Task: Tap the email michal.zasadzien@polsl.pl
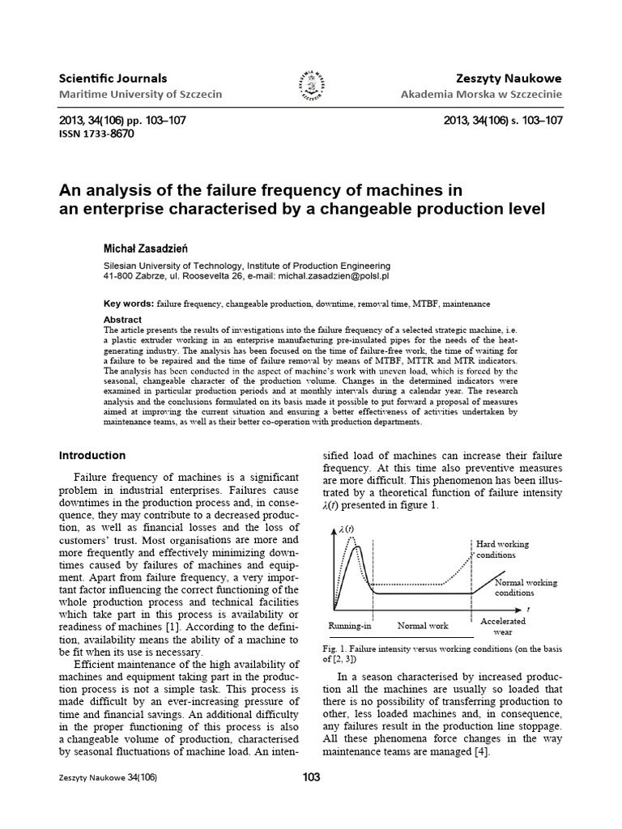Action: point(322,276)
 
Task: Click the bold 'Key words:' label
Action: point(129,304)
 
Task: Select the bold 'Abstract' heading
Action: point(123,320)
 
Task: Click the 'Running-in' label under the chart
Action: point(349,626)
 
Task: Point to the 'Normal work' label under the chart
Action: point(422,626)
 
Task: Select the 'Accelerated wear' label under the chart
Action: point(502,626)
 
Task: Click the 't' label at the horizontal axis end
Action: point(528,607)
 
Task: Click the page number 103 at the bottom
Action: point(311,777)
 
